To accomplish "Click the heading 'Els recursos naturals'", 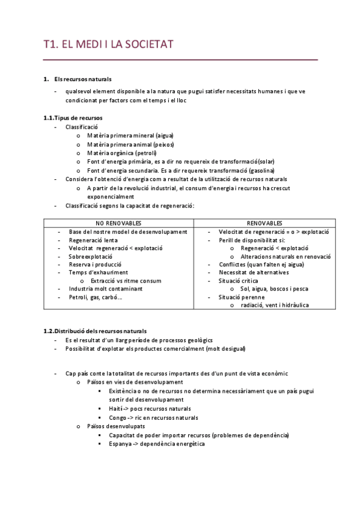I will pos(82,79).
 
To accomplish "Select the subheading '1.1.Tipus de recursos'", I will pos(73,118).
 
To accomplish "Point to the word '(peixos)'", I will pos(163,144).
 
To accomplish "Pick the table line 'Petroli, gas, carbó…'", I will pos(96,296).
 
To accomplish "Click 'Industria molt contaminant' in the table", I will pos(106,289).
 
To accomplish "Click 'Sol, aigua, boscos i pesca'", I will pos(275,289).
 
